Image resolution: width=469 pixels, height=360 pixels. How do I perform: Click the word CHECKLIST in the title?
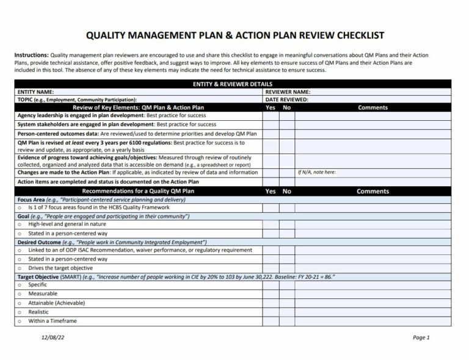349,35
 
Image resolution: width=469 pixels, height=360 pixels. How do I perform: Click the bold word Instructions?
31,55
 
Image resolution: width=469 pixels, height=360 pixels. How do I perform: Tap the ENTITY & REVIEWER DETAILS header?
233,84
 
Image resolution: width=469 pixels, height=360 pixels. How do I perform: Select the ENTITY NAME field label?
36,92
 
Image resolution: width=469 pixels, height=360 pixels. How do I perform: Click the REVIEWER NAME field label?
288,92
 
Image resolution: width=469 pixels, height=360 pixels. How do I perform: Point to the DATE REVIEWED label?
286,99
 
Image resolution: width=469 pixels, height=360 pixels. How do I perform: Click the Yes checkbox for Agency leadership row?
271,115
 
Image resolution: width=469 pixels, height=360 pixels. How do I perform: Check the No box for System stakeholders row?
287,124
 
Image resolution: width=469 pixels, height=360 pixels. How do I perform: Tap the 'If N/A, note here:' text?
316,172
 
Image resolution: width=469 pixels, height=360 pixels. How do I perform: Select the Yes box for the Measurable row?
271,293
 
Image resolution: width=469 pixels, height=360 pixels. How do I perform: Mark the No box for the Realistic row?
287,312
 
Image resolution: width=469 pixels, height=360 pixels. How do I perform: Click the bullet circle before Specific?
20,285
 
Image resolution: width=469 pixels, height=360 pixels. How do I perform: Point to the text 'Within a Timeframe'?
53,321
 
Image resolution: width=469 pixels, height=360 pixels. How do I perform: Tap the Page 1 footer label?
421,337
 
